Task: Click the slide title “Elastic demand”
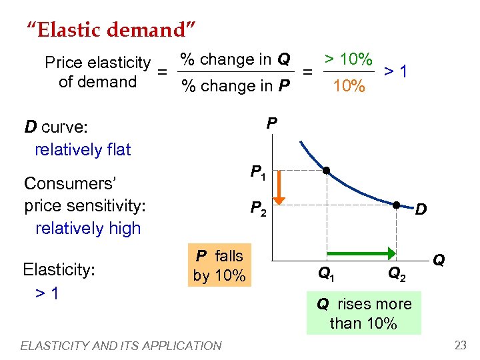pyautogui.click(x=111, y=29)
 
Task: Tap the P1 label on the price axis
pyautogui.click(x=257, y=173)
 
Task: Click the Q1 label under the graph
pyautogui.click(x=326, y=272)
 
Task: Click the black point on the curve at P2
pyautogui.click(x=396, y=205)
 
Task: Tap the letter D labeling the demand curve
pyautogui.click(x=421, y=211)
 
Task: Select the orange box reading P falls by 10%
pyautogui.click(x=219, y=265)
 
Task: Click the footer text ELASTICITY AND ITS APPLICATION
pyautogui.click(x=121, y=345)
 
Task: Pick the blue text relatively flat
pyautogui.click(x=83, y=149)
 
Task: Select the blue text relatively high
pyautogui.click(x=88, y=228)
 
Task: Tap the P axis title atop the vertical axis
pyautogui.click(x=271, y=123)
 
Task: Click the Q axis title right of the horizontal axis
pyautogui.click(x=439, y=259)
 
